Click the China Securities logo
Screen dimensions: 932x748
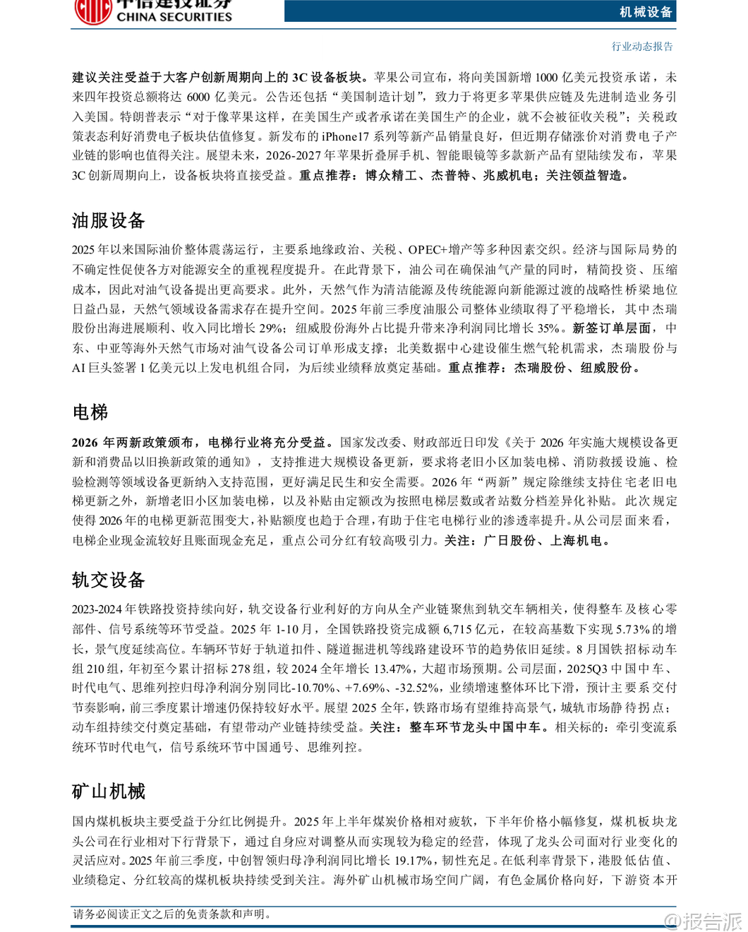[x=152, y=11]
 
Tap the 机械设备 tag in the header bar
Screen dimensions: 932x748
[x=646, y=11]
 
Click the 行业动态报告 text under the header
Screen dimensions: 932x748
[x=642, y=47]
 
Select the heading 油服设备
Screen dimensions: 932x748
[x=109, y=221]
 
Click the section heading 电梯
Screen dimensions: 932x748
[x=90, y=412]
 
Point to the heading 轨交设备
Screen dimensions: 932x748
[x=109, y=580]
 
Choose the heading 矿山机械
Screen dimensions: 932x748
[x=109, y=791]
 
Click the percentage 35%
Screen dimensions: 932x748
[x=548, y=328]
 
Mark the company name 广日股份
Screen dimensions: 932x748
[x=509, y=541]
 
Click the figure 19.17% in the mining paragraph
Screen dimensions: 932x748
[x=413, y=861]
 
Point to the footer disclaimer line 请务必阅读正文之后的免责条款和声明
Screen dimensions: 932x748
[x=172, y=914]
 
